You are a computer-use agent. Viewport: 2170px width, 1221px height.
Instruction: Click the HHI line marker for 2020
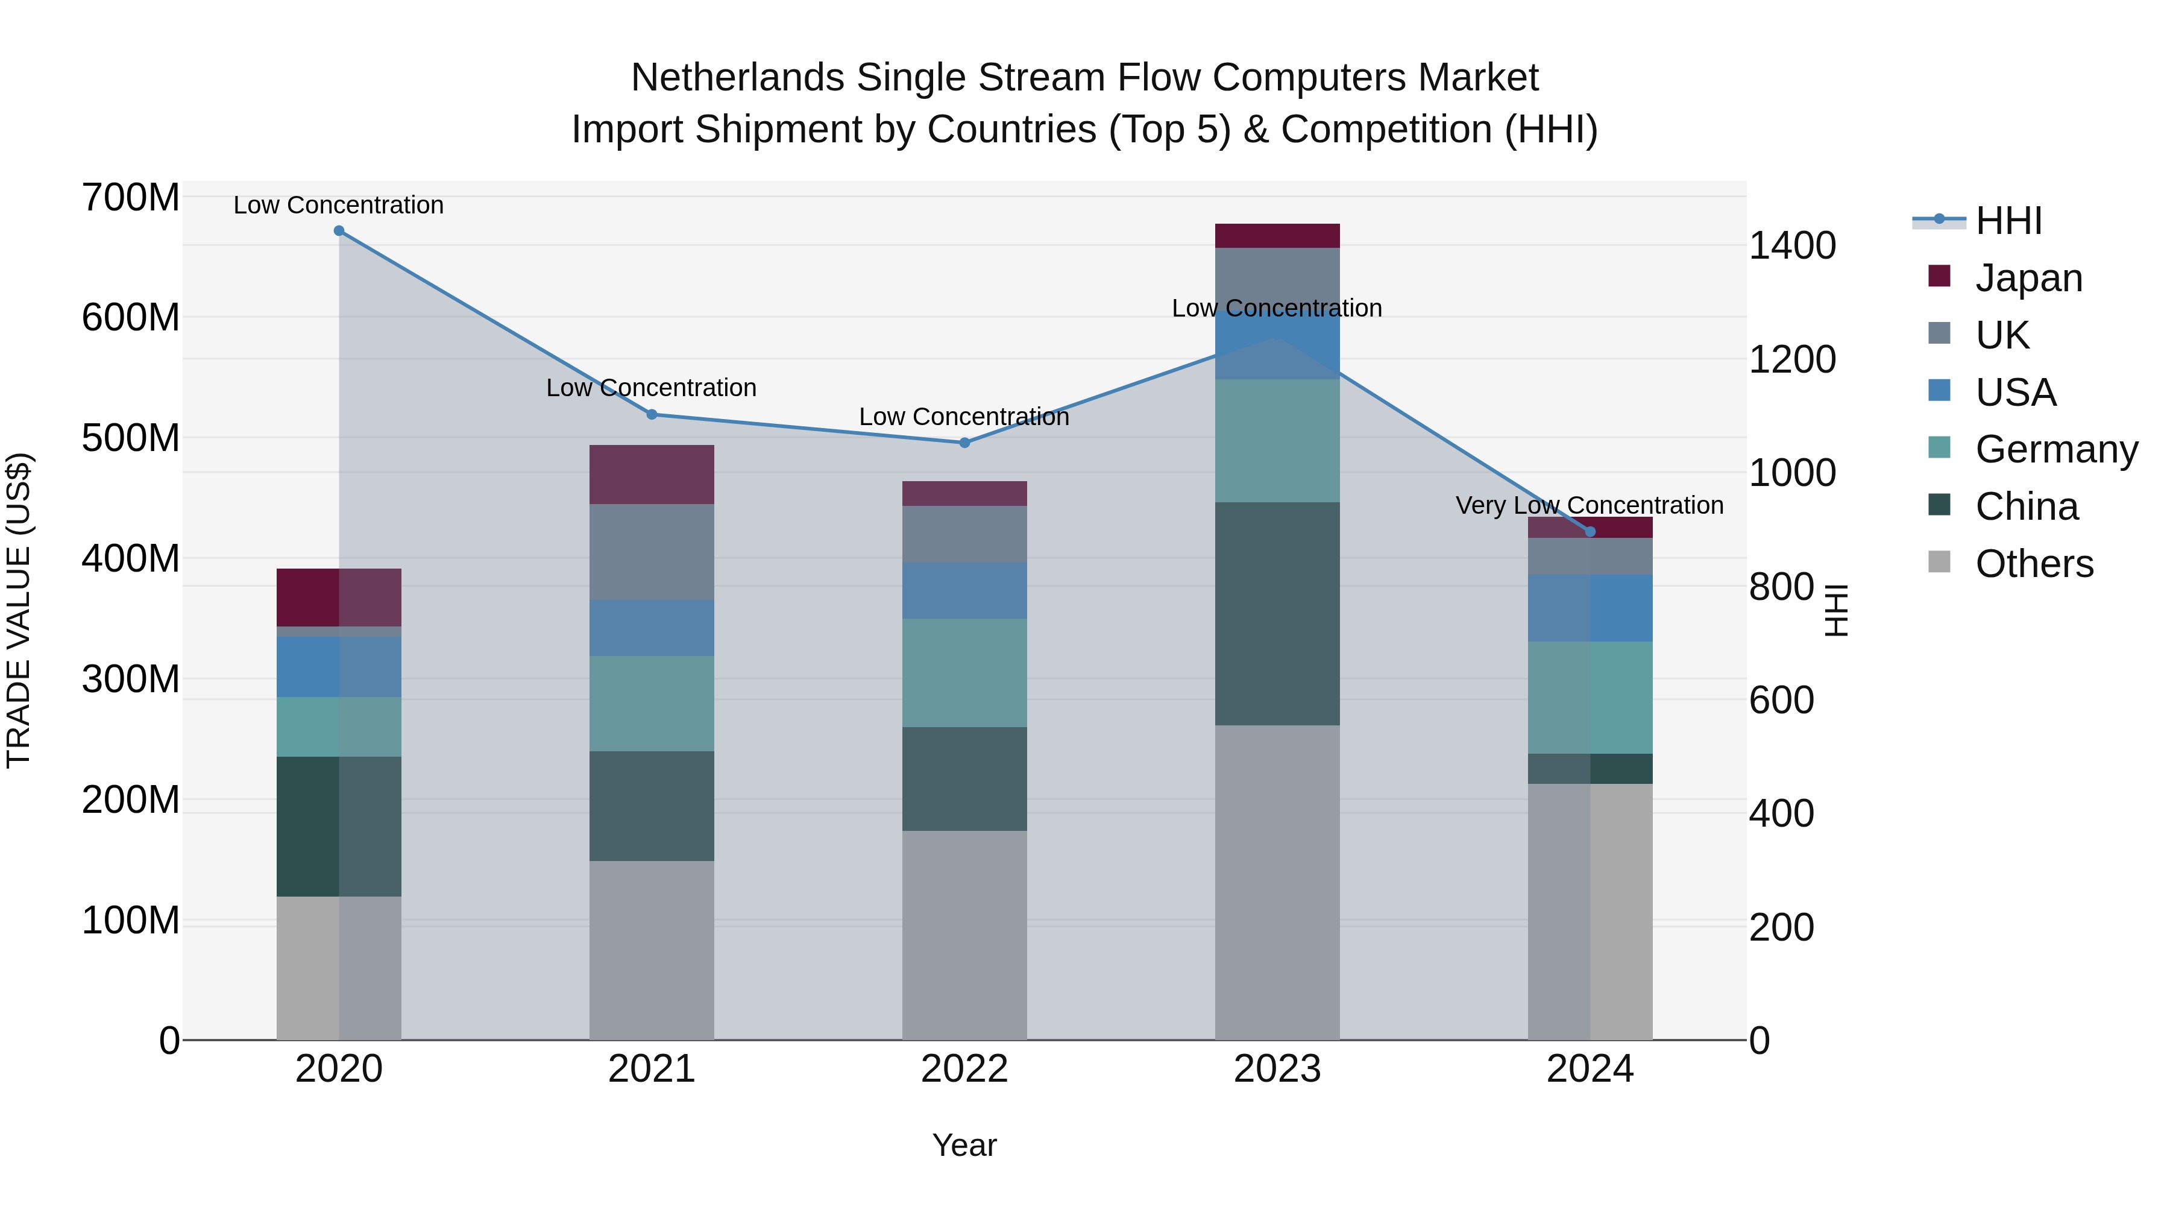click(x=339, y=230)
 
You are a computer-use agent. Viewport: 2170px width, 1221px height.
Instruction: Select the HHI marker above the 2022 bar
click(x=964, y=443)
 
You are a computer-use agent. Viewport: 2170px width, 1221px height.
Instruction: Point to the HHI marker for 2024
click(x=1591, y=532)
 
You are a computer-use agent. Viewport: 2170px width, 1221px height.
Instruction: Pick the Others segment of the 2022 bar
click(x=964, y=935)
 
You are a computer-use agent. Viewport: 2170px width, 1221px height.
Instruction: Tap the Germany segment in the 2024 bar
click(x=1591, y=697)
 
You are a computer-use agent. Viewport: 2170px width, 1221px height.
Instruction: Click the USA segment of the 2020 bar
click(x=339, y=666)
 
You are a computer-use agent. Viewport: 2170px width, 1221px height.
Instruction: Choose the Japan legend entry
click(x=2028, y=277)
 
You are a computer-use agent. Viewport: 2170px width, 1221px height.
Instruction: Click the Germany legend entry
click(x=2055, y=449)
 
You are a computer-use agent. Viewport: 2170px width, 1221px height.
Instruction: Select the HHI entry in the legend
click(x=2008, y=221)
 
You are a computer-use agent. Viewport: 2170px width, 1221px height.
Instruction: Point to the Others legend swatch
click(x=1939, y=562)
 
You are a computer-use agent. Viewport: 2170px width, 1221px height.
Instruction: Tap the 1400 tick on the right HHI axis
click(x=1792, y=245)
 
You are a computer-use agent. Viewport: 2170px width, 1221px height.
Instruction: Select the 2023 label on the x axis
click(x=1277, y=1069)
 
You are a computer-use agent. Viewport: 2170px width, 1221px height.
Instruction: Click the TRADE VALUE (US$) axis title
click(x=19, y=610)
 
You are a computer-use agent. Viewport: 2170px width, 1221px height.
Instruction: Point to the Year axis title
click(x=964, y=1145)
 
